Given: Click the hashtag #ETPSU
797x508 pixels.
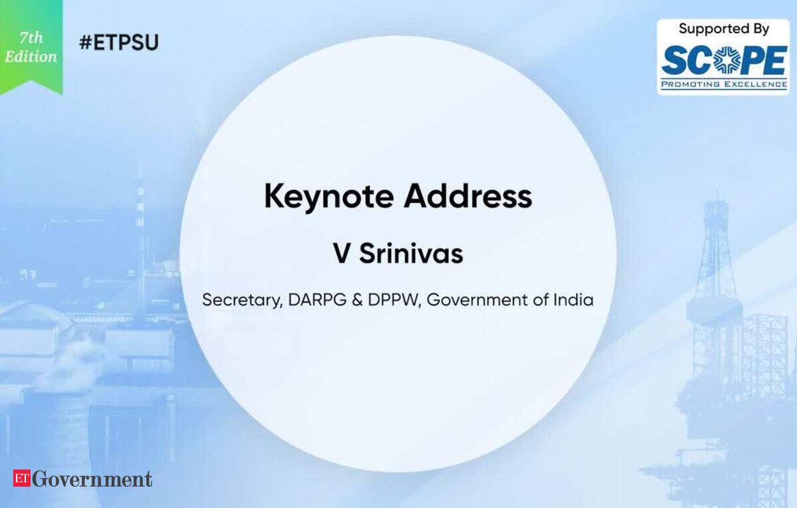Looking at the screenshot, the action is pyautogui.click(x=119, y=42).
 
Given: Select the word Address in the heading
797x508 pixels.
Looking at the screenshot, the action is pyautogui.click(x=468, y=196).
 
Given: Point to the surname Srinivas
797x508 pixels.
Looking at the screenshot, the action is pyautogui.click(x=411, y=254).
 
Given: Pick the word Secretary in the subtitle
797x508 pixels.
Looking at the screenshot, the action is pyautogui.click(x=242, y=300).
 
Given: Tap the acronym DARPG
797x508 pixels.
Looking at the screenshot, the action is pyautogui.click(x=317, y=300).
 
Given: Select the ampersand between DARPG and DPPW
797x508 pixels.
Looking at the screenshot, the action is pyautogui.click(x=357, y=300).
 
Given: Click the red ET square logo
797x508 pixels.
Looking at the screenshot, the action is pyautogui.click(x=22, y=478).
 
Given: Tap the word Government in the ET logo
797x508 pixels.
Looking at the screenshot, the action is pyautogui.click(x=92, y=479).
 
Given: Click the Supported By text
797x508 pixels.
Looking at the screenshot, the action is pyautogui.click(x=724, y=29).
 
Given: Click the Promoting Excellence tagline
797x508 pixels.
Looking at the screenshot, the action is pyautogui.click(x=724, y=84).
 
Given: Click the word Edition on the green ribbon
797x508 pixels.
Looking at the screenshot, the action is pyautogui.click(x=31, y=56).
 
